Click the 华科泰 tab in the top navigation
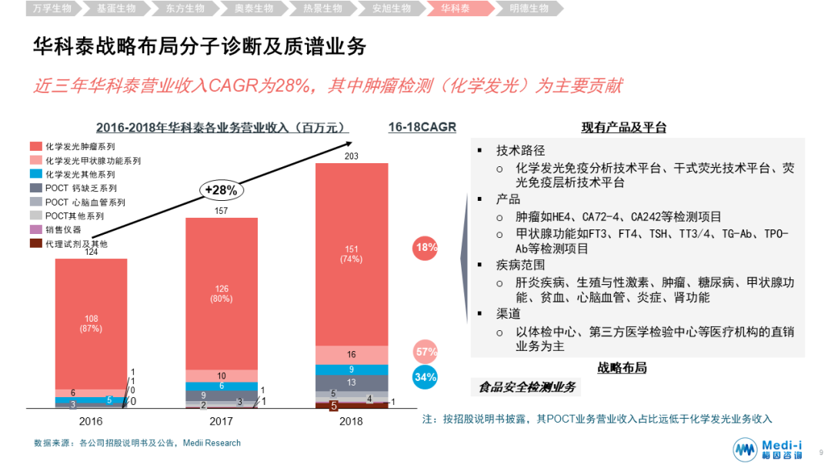point(456,8)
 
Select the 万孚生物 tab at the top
point(48,8)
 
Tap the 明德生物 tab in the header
point(529,8)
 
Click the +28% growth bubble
point(220,189)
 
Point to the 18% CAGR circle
point(426,247)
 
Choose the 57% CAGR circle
point(426,352)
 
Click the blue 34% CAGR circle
point(426,377)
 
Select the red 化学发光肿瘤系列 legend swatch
point(35,145)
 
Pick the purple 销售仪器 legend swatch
point(35,229)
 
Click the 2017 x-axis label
point(221,421)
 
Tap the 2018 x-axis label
point(351,421)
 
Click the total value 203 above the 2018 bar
point(351,156)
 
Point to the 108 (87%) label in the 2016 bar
point(91,323)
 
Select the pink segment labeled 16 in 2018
point(351,355)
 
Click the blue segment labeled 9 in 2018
point(351,369)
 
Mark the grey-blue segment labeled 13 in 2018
point(351,383)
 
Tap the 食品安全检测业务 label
point(526,387)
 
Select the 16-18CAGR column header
point(422,127)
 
